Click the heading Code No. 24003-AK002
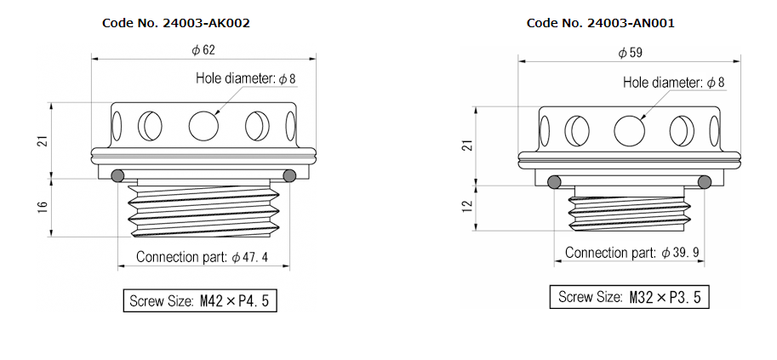[175, 23]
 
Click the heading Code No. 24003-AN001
[601, 23]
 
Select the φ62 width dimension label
[203, 50]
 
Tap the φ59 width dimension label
[631, 53]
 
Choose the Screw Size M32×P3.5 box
[629, 297]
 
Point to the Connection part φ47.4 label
[203, 257]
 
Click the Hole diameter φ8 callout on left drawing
[245, 78]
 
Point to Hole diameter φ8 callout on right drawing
[673, 83]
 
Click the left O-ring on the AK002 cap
[118, 176]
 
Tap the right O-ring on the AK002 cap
[289, 176]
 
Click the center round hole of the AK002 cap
[203, 126]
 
